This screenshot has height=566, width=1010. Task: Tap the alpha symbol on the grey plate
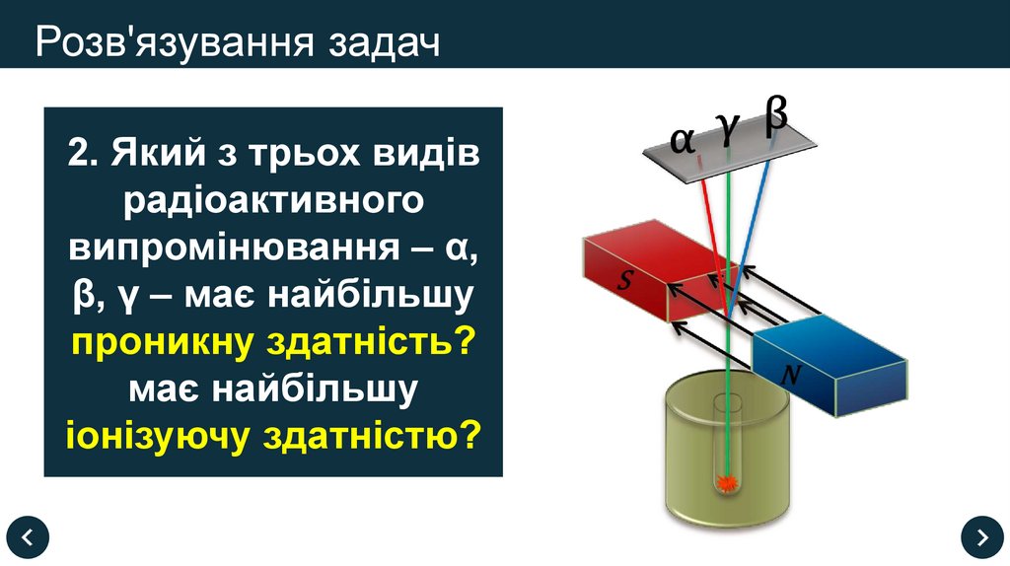(682, 140)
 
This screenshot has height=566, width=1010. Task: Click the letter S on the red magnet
(625, 281)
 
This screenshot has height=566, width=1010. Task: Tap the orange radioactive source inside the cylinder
(728, 483)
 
